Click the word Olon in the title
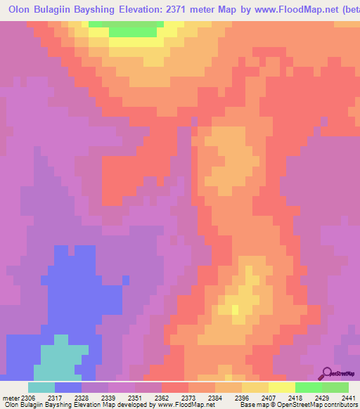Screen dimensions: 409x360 click(x=22, y=11)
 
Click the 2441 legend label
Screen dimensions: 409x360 click(x=340, y=398)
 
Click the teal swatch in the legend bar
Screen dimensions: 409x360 click(x=41, y=387)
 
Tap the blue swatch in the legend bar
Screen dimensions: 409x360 click(x=68, y=387)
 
